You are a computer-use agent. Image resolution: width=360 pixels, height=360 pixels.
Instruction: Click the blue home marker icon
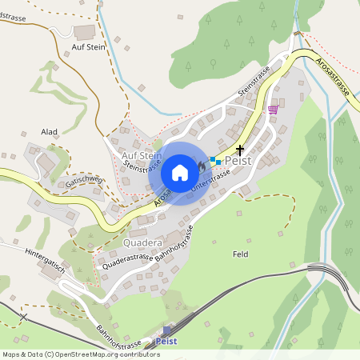(180, 173)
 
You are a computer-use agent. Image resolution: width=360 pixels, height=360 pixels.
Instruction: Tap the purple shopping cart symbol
(273, 109)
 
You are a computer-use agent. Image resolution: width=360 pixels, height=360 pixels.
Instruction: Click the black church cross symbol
(239, 150)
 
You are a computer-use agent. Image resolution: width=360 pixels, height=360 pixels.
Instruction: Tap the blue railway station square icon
(167, 329)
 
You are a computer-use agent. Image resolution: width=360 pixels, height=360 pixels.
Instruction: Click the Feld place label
(240, 254)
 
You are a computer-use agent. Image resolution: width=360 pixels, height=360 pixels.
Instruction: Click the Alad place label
(50, 131)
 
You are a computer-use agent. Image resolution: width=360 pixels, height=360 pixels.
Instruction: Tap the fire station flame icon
(201, 165)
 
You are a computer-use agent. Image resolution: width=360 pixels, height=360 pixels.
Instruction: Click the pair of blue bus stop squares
(215, 161)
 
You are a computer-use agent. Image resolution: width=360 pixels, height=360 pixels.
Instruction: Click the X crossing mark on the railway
(22, 318)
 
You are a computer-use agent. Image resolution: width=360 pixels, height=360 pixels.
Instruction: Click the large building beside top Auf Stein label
(83, 33)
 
